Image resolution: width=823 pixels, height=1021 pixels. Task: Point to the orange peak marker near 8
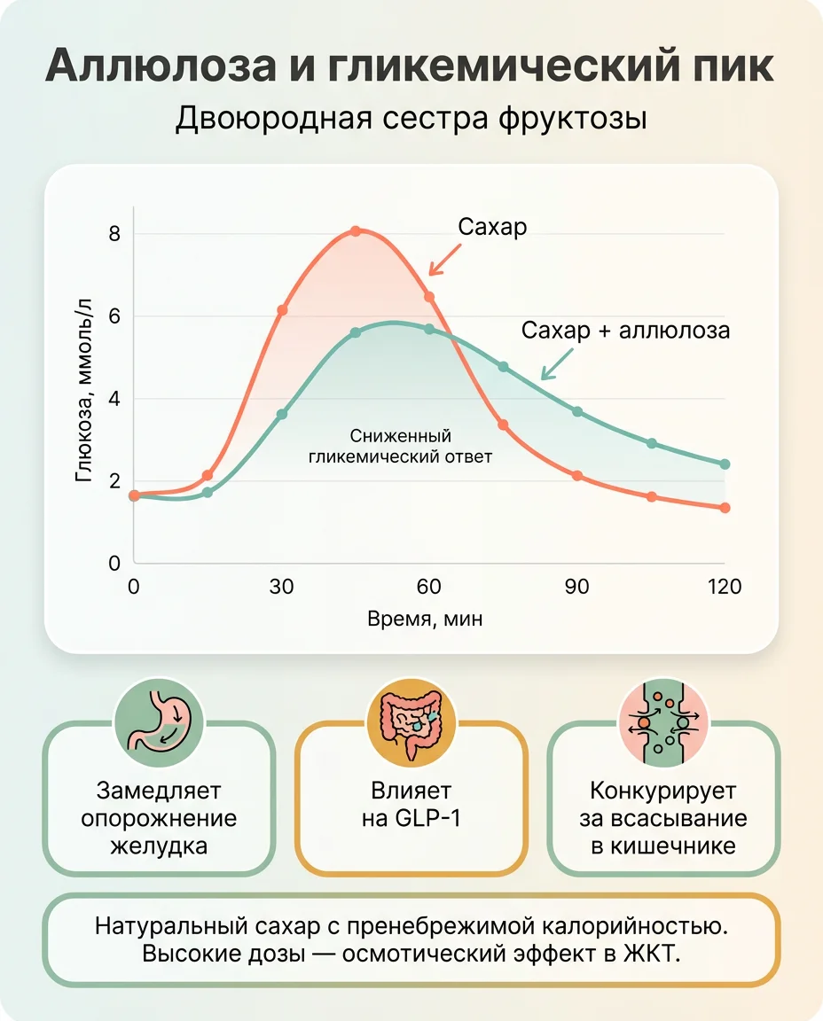[x=356, y=230]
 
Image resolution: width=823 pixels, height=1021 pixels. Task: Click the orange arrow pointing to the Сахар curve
[x=443, y=258]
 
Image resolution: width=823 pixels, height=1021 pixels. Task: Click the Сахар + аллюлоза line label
[x=625, y=331]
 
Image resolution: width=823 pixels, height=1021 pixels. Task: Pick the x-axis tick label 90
[x=577, y=587]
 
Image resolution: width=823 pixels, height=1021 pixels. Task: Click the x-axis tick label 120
[x=725, y=587]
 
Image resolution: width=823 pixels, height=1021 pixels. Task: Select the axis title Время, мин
[x=425, y=619]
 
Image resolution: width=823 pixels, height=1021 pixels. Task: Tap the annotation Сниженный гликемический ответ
[x=400, y=447]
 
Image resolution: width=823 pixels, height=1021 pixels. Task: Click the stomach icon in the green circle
[x=160, y=718]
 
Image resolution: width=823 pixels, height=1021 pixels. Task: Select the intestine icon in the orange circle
[x=411, y=718]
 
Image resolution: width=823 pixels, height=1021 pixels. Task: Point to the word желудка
[x=160, y=845]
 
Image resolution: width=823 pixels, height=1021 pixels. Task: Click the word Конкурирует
[x=662, y=790]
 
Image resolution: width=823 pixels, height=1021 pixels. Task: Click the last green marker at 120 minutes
[x=725, y=464]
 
